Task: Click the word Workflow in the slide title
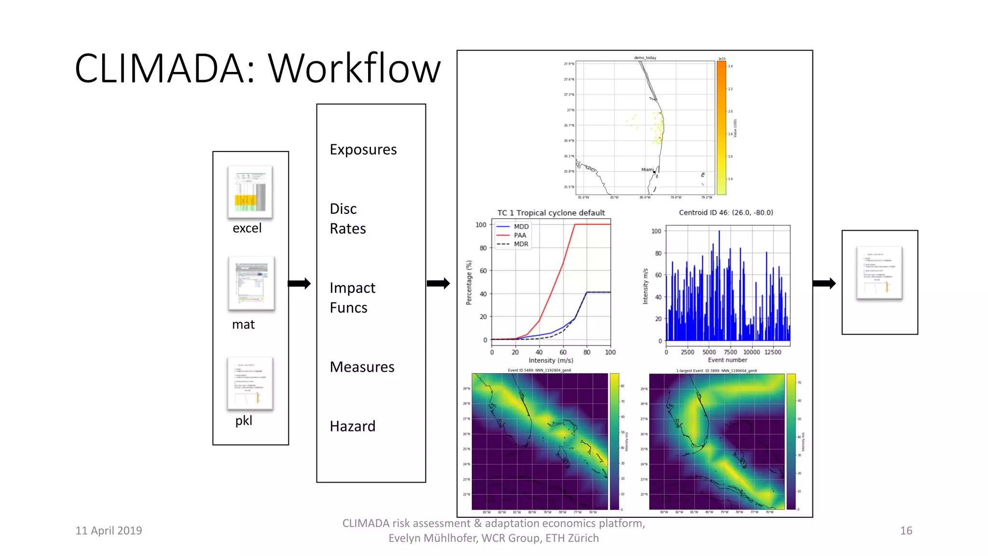coord(354,69)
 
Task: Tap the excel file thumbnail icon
coord(250,192)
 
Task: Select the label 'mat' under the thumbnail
coord(243,324)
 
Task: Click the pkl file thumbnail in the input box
coord(250,384)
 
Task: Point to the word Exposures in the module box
coord(363,150)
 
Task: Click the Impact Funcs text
coord(352,298)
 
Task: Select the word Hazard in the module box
coord(352,426)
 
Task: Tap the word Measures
coord(362,367)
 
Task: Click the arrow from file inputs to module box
coord(300,283)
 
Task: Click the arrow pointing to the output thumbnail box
coord(824,283)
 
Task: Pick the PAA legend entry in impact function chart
coord(520,236)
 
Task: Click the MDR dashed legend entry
coord(521,244)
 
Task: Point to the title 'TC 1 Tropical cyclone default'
coord(551,213)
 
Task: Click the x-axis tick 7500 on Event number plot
coord(730,352)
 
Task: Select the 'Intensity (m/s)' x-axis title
coord(551,361)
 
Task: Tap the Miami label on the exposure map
coord(647,170)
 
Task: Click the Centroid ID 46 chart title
coord(726,212)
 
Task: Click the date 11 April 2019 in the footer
coord(109,530)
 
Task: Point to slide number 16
coord(906,530)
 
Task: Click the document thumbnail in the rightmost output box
coord(879,273)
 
